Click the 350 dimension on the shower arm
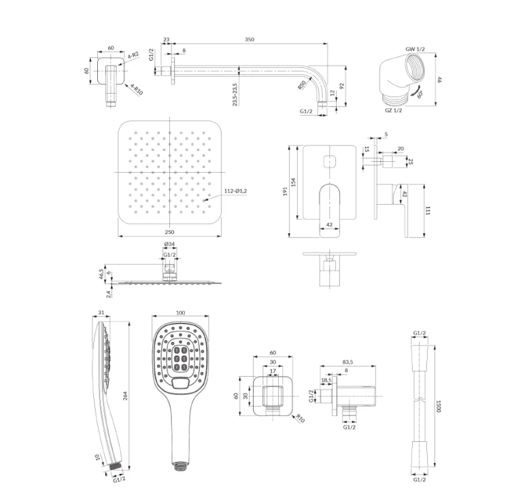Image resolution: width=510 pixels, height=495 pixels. point(249,39)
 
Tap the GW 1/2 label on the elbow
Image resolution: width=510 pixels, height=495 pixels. point(415,49)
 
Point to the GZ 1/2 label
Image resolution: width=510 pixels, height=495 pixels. point(394,110)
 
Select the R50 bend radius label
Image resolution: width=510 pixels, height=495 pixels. point(302,85)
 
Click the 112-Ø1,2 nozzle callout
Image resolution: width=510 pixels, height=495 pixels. point(235,191)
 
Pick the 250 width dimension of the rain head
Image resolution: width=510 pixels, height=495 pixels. point(169,232)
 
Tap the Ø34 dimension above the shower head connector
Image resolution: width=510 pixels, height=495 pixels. point(169,244)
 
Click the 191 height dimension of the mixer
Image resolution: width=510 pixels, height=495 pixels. point(285,191)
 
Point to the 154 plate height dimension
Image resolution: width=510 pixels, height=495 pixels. point(293,182)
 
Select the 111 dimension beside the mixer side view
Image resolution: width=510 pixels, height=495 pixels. point(428,210)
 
